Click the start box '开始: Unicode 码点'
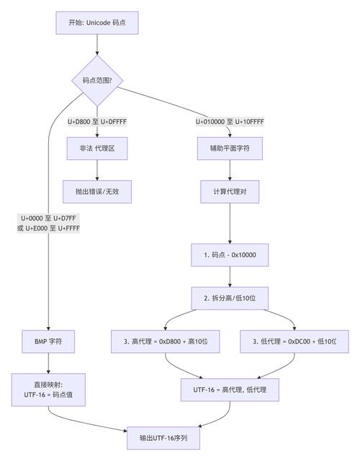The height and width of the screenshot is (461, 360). tap(96, 22)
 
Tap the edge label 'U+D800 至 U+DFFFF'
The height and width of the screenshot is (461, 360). tap(96, 122)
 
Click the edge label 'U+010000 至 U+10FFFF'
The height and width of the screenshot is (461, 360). tap(230, 122)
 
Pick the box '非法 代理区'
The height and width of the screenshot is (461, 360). tap(96, 149)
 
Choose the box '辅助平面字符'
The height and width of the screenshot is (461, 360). tap(230, 149)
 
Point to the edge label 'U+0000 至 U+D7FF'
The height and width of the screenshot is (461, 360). tap(49, 218)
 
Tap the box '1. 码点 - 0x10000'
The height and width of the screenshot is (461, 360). tap(230, 256)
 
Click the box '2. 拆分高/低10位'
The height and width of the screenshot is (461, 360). tap(230, 297)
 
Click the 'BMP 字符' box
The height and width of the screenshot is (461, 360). tap(48, 341)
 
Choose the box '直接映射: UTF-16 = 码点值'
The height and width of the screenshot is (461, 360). tap(48, 390)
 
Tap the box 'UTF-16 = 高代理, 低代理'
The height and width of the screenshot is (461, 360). tap(230, 390)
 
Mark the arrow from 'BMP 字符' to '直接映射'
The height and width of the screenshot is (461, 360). tap(48, 363)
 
